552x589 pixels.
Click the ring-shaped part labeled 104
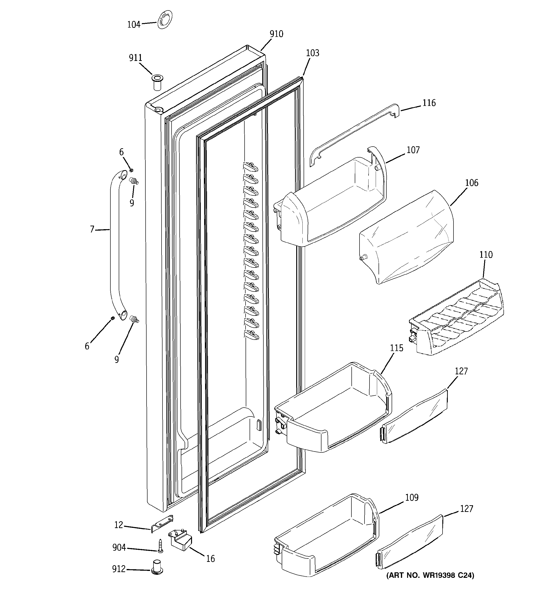[164, 20]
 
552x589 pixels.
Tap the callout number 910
[276, 34]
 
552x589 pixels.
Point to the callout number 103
[312, 53]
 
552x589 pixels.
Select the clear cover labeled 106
[406, 237]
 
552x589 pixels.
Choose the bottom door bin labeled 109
[326, 539]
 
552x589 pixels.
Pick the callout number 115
[396, 348]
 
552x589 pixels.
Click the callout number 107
[413, 150]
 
